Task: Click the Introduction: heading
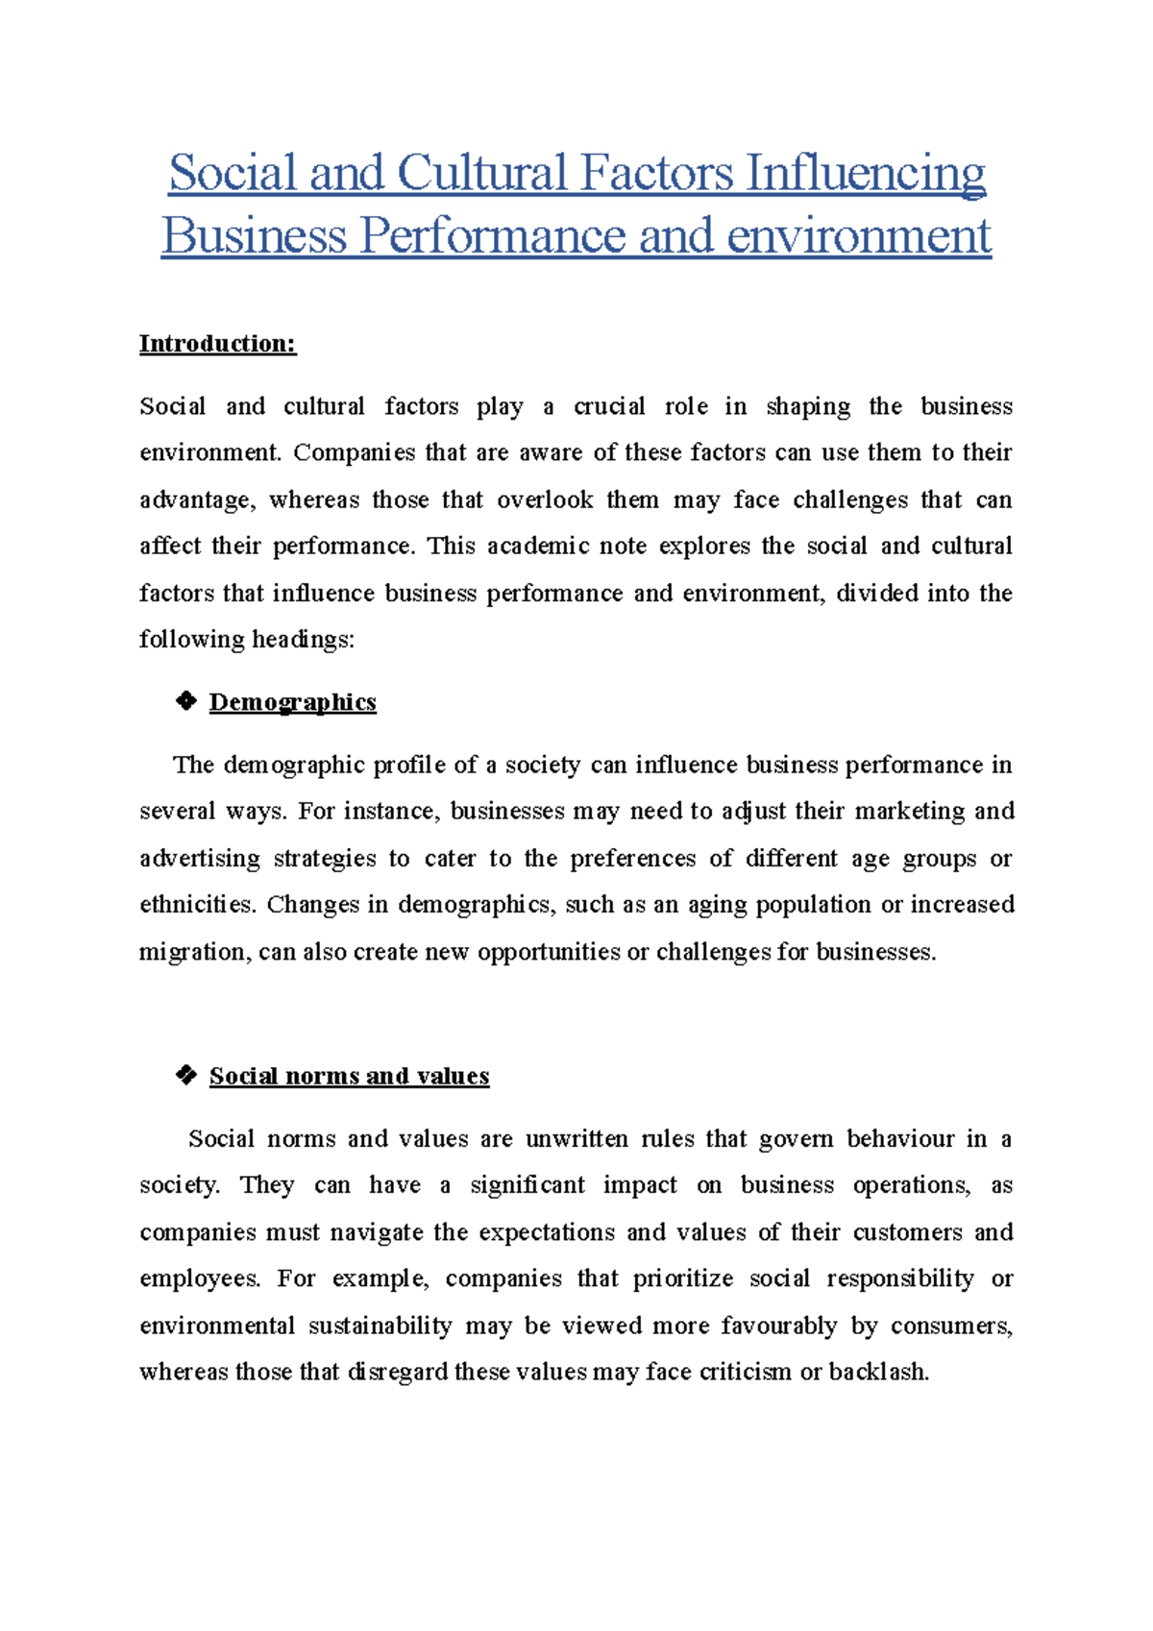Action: (217, 344)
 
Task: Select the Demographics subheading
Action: (292, 702)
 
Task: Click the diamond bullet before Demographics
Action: (185, 701)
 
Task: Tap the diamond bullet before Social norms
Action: (185, 1075)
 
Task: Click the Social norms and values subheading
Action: (349, 1076)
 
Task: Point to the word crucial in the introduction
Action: (609, 406)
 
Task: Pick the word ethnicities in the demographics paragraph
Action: (197, 905)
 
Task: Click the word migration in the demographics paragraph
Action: (194, 952)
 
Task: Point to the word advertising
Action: (200, 858)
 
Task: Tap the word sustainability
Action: (380, 1326)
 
